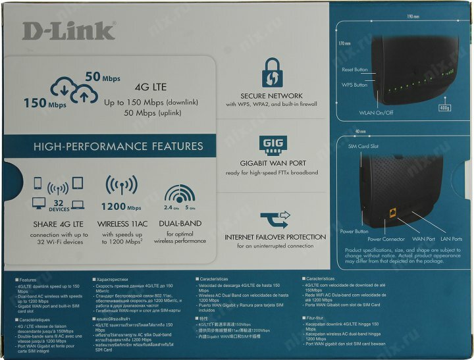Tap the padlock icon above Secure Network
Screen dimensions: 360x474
pos(271,72)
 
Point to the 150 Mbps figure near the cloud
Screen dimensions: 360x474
pos(45,103)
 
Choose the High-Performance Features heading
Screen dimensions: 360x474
pos(118,146)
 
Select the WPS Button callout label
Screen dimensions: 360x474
pos(354,85)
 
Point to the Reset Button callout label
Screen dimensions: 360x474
pos(355,70)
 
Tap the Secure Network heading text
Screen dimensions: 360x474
pos(271,95)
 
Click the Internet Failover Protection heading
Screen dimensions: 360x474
pos(275,236)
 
